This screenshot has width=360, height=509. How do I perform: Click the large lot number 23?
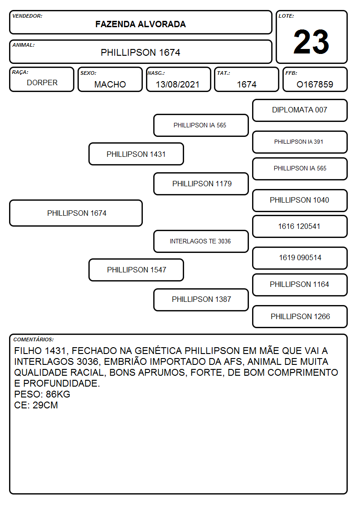(x=311, y=42)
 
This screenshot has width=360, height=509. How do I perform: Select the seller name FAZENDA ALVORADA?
(x=141, y=24)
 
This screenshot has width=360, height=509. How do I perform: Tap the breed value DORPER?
(x=42, y=83)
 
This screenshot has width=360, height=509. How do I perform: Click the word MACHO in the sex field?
(x=110, y=84)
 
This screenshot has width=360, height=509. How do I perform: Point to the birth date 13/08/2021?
(x=178, y=84)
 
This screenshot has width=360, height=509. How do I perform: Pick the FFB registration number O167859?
(x=315, y=84)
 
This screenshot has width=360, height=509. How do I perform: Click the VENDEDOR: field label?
(x=27, y=16)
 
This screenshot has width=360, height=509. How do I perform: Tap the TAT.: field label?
(x=224, y=73)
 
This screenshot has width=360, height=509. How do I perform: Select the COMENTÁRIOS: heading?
(x=34, y=339)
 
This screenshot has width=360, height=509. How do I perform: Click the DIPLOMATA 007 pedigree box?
(x=300, y=111)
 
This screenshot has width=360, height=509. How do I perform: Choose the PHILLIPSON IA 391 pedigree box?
(x=300, y=142)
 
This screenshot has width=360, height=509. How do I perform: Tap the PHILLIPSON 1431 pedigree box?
(x=136, y=154)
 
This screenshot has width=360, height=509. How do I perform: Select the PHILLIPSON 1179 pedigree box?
(x=201, y=184)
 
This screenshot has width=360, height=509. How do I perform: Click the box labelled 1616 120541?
(x=300, y=226)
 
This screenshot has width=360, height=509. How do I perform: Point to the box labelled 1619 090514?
(x=300, y=258)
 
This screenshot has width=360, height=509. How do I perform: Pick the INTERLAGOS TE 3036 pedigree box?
(x=201, y=241)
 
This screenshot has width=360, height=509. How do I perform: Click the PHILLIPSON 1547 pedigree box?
(x=136, y=270)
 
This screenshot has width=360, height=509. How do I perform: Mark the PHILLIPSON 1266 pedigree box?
(x=300, y=316)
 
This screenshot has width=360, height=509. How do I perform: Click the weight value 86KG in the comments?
(x=58, y=394)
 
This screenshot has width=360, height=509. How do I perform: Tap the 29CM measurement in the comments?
(x=45, y=405)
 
